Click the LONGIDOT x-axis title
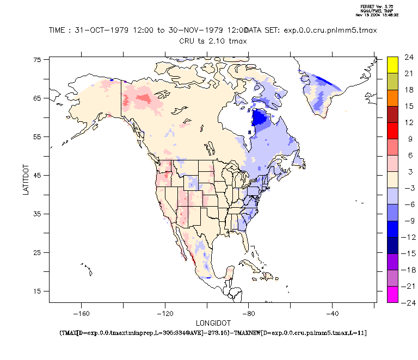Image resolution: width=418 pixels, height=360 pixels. pyautogui.click(x=211, y=322)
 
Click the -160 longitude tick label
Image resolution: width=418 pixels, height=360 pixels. pyautogui.click(x=81, y=313)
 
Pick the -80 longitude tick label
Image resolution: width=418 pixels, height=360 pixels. pyautogui.click(x=249, y=313)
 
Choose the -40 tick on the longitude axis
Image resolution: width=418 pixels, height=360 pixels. pyautogui.click(x=333, y=313)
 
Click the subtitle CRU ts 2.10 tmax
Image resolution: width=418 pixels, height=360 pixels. pyautogui.click(x=211, y=41)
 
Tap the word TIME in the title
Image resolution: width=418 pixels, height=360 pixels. pyautogui.click(x=57, y=30)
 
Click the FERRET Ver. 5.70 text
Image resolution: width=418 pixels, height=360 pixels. pyautogui.click(x=376, y=7)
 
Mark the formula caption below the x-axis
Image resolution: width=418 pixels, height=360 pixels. pyautogui.click(x=211, y=332)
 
